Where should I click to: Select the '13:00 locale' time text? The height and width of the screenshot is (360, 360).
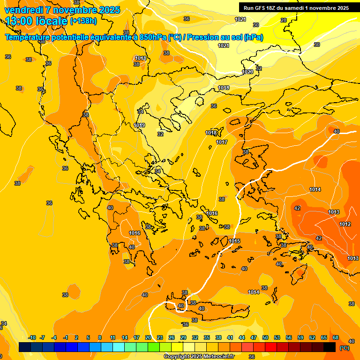37,21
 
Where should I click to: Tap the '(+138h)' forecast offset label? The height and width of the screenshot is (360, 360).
83,21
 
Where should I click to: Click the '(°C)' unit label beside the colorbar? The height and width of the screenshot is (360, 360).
344,348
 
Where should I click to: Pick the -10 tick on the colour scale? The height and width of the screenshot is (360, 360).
32,338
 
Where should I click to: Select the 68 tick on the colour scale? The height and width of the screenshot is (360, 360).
336,338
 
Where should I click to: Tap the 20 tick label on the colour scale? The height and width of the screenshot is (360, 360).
148,338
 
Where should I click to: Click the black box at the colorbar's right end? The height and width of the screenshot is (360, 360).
330,347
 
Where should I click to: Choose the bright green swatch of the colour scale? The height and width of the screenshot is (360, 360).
154,347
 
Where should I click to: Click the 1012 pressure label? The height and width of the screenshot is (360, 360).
345,225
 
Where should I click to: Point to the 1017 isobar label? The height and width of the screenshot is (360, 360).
222,142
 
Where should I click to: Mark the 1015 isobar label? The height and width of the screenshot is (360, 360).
235,241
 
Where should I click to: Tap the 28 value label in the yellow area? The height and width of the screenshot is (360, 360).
283,20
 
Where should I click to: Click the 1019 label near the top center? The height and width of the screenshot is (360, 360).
224,88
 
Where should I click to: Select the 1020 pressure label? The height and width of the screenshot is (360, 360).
247,72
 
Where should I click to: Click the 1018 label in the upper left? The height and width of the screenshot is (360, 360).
141,59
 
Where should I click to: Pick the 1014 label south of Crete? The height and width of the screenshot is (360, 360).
254,292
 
